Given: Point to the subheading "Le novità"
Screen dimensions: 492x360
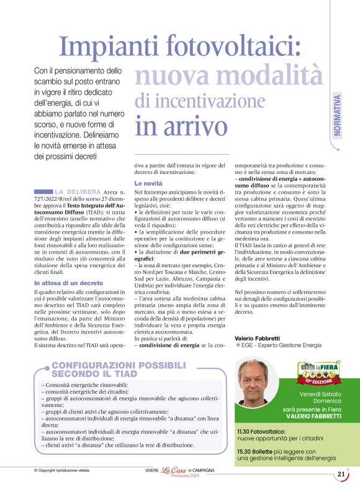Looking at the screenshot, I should (x=148, y=184).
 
